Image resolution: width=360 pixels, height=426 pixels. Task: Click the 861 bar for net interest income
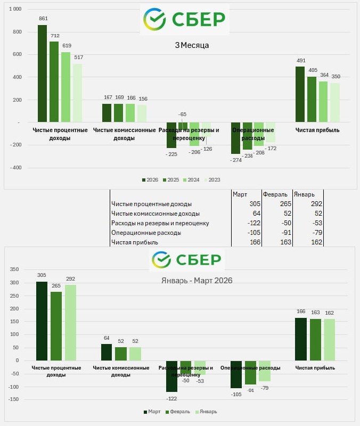(42, 73)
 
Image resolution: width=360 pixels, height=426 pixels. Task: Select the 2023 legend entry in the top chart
(212, 180)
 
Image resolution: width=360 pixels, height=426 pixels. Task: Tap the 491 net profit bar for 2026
(300, 94)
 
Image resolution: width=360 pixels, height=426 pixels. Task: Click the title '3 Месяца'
(192, 45)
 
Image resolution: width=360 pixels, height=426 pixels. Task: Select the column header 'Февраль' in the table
(275, 194)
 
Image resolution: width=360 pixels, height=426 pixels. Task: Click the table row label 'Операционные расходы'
(146, 233)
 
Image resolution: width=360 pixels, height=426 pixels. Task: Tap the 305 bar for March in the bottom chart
(42, 321)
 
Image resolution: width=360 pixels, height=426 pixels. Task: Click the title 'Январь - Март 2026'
(197, 280)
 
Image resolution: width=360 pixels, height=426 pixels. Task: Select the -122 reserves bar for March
(171, 376)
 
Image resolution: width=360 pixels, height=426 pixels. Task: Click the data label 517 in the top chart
(78, 57)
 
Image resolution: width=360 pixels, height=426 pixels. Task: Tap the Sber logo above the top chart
(184, 19)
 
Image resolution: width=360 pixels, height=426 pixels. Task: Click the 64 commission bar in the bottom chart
(107, 352)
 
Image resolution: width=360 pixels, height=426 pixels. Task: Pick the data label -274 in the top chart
(236, 160)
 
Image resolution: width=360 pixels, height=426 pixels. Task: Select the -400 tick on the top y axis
(15, 167)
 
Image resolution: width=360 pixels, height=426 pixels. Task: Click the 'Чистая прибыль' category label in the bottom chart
(315, 367)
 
